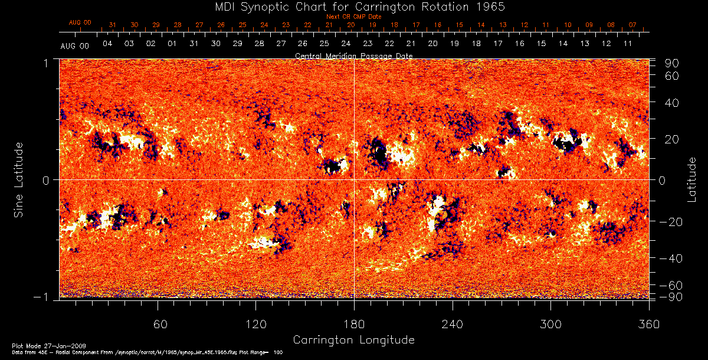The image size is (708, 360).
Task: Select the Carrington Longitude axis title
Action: (x=353, y=340)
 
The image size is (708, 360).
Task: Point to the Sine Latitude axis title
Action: (x=19, y=179)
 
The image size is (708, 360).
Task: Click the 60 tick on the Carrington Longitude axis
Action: (x=158, y=324)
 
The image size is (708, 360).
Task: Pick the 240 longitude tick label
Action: (x=453, y=324)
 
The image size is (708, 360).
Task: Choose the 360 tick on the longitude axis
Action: (x=648, y=324)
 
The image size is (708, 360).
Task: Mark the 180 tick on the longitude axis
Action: (x=354, y=324)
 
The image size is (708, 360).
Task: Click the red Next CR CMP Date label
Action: (x=353, y=17)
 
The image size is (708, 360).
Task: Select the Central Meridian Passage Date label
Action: (x=353, y=55)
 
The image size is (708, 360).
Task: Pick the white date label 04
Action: (x=107, y=44)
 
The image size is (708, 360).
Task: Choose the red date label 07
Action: (x=632, y=25)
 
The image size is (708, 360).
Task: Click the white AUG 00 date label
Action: (x=74, y=45)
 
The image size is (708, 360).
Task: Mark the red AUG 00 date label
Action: (x=80, y=22)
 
